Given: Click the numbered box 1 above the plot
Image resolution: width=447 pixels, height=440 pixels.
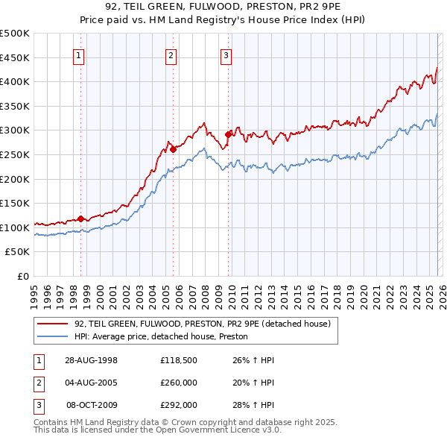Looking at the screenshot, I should coord(79,54).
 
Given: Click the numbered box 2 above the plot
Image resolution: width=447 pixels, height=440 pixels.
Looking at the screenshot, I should coord(171,54).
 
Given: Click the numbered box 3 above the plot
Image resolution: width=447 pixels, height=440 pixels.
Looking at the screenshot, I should coord(226,54).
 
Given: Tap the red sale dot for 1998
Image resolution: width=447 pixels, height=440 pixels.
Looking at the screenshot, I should coord(81,219).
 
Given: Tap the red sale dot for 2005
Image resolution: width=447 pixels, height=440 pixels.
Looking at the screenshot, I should coord(173,149).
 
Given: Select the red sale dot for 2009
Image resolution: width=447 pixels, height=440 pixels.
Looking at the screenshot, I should coord(228,135).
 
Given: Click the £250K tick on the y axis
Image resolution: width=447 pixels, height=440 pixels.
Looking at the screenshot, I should coord(15,154).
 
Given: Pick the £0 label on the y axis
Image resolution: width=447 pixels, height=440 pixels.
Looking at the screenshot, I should coord(23,276).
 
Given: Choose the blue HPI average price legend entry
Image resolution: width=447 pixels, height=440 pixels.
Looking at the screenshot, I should coord(160,337).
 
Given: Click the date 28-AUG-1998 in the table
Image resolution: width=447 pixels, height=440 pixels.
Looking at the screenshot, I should coord(91,360).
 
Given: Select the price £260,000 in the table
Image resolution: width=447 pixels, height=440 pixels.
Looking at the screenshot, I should coord(178,383).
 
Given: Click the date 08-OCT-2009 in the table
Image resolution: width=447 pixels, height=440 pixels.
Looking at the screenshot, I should coord(91,405).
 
